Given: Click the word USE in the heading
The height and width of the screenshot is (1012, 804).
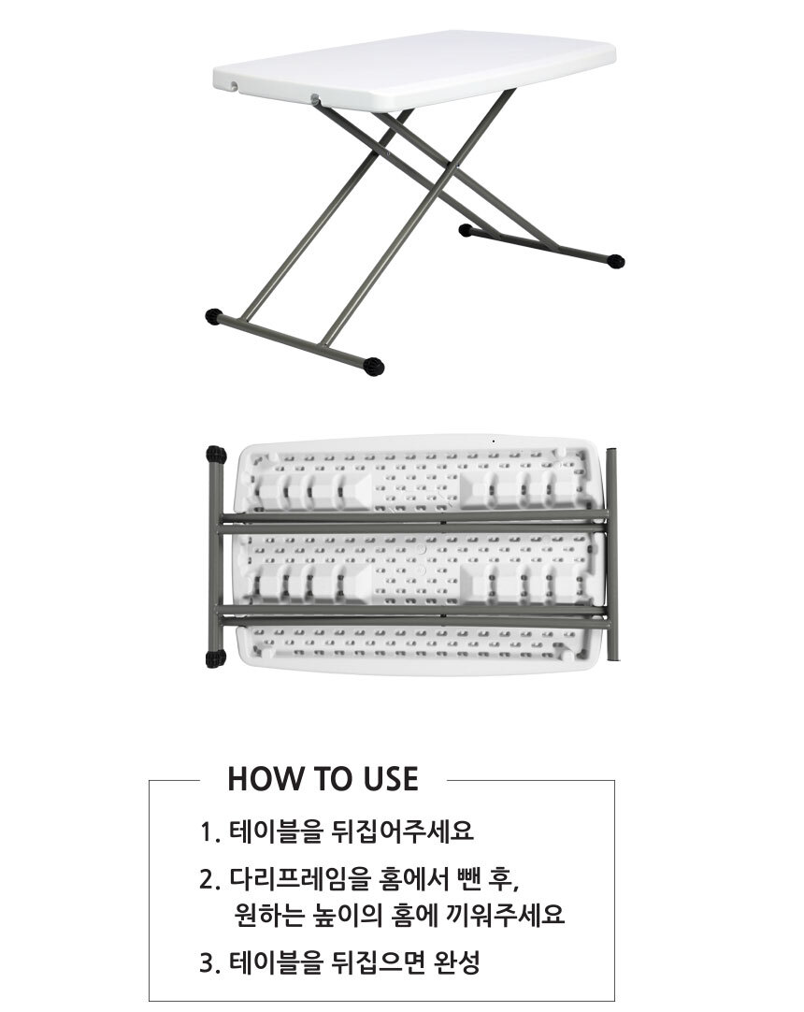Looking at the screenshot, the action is [x=390, y=779].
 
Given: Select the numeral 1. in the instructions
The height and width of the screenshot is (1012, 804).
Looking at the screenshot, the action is [x=210, y=832].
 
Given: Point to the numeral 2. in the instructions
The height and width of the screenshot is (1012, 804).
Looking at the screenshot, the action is [x=210, y=880].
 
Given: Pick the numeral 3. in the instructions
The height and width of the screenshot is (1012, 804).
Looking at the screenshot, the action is [x=210, y=963].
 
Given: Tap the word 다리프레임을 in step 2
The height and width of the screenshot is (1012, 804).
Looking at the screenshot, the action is [x=300, y=879].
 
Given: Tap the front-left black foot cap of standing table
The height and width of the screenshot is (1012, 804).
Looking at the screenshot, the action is [x=214, y=317].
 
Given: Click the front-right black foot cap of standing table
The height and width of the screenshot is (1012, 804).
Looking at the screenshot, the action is [x=373, y=367].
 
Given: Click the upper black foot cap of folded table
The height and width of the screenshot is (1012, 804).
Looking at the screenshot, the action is [x=216, y=455].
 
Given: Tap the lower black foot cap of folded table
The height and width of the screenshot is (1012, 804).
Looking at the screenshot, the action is [x=216, y=659].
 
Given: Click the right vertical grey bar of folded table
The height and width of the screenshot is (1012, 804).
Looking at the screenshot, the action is [x=612, y=554].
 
